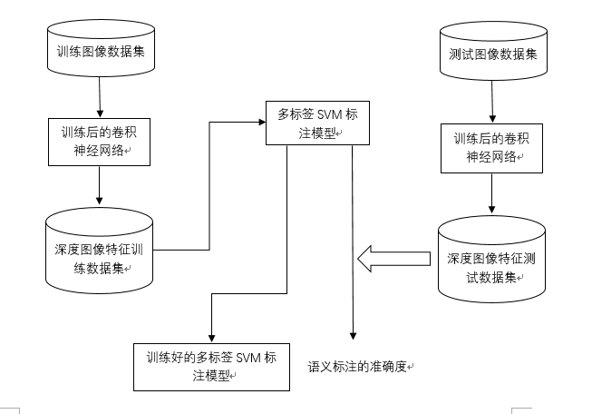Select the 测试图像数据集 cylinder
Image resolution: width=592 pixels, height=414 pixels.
pos(492,53)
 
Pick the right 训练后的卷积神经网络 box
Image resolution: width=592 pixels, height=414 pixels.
pos(492,148)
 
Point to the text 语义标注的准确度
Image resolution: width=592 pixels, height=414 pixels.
pos(358,367)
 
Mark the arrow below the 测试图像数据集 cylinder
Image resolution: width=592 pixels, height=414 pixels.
pos(492,103)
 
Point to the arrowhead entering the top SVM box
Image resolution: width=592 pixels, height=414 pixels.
pos(259,120)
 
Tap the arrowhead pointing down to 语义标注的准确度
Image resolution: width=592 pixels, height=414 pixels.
pos(352,336)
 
